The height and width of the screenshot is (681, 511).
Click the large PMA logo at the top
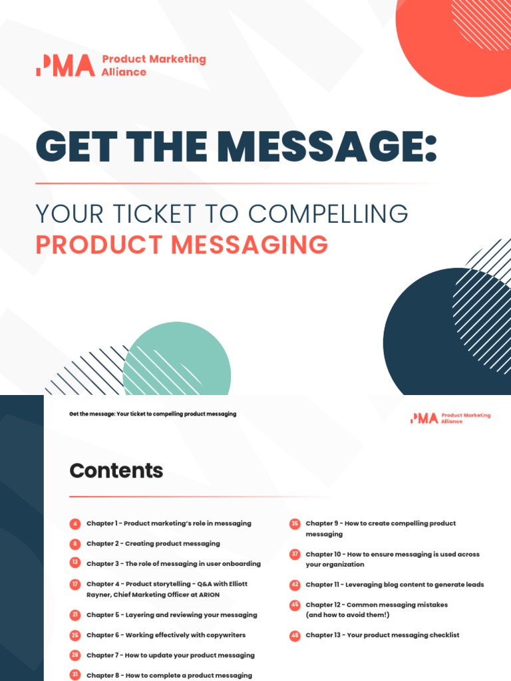(x=65, y=66)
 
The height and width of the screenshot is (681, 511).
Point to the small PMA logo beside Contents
(x=425, y=418)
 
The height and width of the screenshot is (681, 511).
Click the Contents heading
(x=116, y=471)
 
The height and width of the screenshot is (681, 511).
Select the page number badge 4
(x=75, y=523)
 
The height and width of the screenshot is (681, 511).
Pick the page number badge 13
(x=75, y=563)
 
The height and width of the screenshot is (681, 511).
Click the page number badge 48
(x=295, y=635)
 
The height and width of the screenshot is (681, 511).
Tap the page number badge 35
(x=295, y=523)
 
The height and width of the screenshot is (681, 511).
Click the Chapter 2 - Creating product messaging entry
(x=153, y=543)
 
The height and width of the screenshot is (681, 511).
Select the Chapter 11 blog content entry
(x=395, y=585)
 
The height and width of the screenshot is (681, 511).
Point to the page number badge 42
(x=295, y=585)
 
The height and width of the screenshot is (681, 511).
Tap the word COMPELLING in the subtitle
(x=327, y=214)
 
